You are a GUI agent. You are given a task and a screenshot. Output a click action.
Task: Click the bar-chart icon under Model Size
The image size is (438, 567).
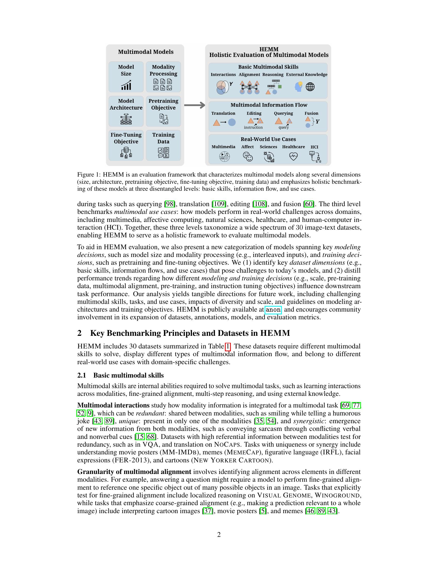[126, 85]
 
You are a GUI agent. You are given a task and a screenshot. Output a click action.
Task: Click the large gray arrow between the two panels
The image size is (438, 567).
[194, 105]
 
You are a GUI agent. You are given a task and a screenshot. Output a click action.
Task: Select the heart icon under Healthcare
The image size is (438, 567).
[293, 156]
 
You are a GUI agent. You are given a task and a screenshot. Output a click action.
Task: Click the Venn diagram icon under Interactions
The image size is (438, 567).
[223, 87]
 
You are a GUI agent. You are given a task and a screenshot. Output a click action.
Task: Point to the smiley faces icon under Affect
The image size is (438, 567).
[248, 156]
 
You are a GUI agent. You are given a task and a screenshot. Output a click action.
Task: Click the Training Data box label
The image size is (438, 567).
[163, 138]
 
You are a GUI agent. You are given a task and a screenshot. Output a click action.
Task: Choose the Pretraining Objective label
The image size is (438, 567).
[163, 104]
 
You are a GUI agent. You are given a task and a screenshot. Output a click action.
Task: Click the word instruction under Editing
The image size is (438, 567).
[253, 128]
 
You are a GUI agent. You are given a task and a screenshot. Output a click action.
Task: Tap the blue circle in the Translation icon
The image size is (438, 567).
[232, 122]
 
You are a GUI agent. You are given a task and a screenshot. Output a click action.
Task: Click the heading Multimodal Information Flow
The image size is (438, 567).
[269, 105]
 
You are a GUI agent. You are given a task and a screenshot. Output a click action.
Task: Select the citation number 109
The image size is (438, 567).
[219, 204]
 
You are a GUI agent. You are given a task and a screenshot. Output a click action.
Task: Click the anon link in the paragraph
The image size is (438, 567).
[273, 310]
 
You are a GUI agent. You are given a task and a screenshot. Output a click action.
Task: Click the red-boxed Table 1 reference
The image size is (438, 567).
[228, 346]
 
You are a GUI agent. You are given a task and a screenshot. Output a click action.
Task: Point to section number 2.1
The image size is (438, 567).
[81, 376]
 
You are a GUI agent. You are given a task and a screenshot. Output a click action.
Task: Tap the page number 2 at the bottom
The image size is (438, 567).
[219, 535]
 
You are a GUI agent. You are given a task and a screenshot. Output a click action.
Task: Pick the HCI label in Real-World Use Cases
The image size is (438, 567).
[314, 147]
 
